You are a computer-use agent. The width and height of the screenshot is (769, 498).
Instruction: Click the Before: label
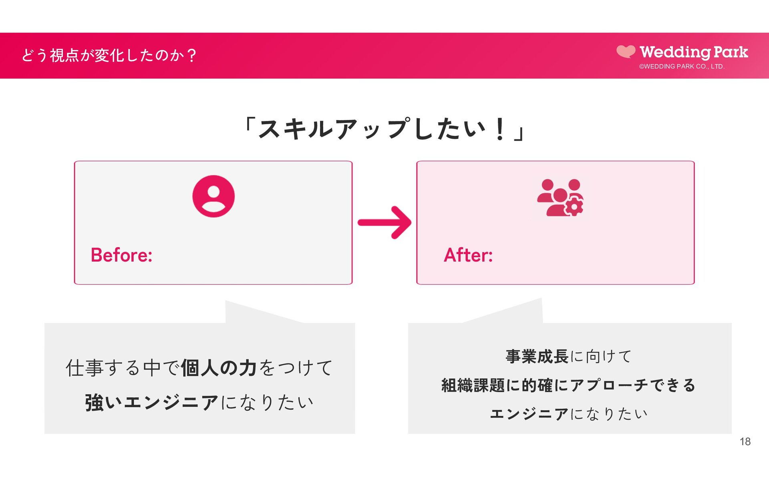pyautogui.click(x=121, y=255)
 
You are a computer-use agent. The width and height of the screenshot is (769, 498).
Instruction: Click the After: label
pyautogui.click(x=468, y=255)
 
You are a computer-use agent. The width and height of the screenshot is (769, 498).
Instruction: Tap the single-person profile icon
pyautogui.click(x=213, y=196)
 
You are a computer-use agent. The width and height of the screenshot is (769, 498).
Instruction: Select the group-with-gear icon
pyautogui.click(x=560, y=198)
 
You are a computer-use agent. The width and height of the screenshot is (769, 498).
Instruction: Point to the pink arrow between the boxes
pyautogui.click(x=384, y=223)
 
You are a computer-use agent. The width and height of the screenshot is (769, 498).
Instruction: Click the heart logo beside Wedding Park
pyautogui.click(x=626, y=52)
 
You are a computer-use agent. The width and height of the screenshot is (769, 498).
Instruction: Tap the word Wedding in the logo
pyautogui.click(x=675, y=52)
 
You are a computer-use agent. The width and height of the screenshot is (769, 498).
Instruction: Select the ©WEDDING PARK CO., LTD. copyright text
pyautogui.click(x=682, y=67)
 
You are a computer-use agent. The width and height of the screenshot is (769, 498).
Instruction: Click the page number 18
pyautogui.click(x=745, y=442)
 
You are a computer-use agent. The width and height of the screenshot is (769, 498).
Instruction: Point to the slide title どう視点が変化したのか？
pyautogui.click(x=109, y=55)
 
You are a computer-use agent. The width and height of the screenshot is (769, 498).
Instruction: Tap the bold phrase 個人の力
pyautogui.click(x=219, y=368)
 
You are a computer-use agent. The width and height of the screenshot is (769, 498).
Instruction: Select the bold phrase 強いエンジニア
pyautogui.click(x=151, y=402)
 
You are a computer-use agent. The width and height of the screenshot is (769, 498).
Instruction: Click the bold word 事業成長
pyautogui.click(x=537, y=356)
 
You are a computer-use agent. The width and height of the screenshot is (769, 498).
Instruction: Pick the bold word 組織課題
pyautogui.click(x=473, y=385)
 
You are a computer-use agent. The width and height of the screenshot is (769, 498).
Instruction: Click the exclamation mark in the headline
pyautogui.click(x=499, y=129)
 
